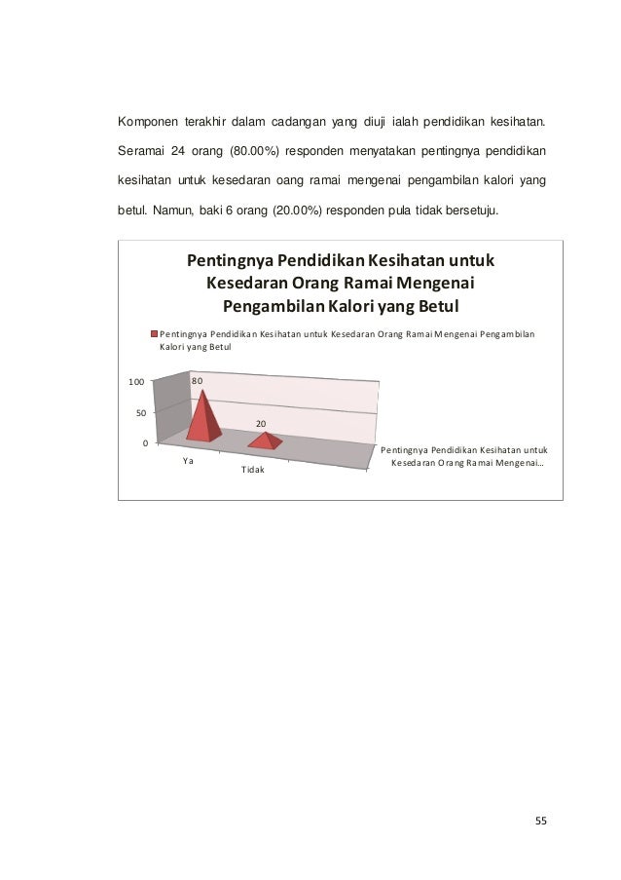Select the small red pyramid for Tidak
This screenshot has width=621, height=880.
[266, 440]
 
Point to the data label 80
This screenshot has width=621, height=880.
[197, 380]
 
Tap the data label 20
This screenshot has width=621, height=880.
[262, 424]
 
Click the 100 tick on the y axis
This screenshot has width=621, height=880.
[137, 382]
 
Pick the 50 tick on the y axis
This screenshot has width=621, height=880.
[141, 413]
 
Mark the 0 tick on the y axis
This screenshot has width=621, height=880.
[144, 444]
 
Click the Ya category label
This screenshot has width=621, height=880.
[188, 461]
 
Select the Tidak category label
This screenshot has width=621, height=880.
[252, 471]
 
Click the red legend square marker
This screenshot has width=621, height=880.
[153, 333]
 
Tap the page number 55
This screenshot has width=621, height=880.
[541, 820]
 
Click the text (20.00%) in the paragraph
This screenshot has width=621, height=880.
[300, 210]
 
